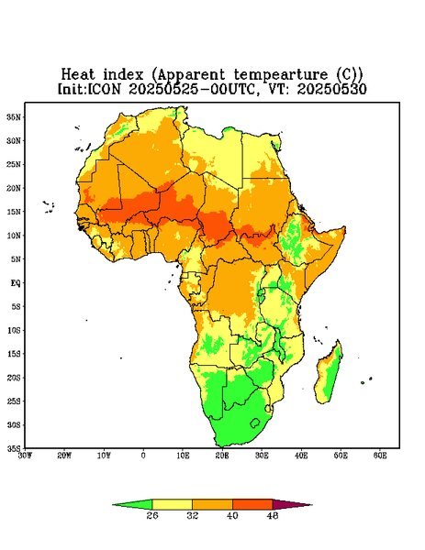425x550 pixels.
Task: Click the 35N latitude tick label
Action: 14,116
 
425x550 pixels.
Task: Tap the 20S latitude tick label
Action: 14,378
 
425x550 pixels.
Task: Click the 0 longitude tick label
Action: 143,456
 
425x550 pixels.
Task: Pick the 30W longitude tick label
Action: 26,456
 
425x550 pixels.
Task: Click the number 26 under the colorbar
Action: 152,515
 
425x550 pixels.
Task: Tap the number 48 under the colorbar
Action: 273,515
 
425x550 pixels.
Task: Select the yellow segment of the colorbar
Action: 172,504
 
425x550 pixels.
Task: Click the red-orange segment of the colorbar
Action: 252,504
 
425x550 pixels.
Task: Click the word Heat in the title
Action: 78,75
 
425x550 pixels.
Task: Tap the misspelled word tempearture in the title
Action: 281,75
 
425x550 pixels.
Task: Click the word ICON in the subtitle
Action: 104,89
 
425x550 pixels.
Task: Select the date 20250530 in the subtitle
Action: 332,89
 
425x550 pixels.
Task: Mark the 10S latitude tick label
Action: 14,330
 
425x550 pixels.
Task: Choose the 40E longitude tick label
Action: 301,456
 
